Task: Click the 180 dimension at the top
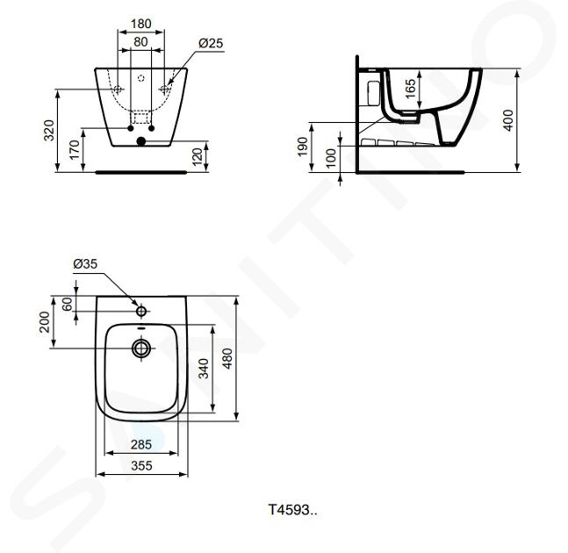pyautogui.click(x=141, y=24)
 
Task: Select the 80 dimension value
pyautogui.click(x=141, y=42)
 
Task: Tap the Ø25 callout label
pyautogui.click(x=211, y=43)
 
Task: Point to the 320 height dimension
pyautogui.click(x=49, y=131)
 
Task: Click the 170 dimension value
pyautogui.click(x=75, y=150)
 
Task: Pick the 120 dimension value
pyautogui.click(x=197, y=157)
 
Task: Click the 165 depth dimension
pyautogui.click(x=410, y=89)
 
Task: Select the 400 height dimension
pyautogui.click(x=508, y=120)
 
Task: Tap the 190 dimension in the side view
pyautogui.click(x=303, y=147)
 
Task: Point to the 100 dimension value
pyautogui.click(x=331, y=158)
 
